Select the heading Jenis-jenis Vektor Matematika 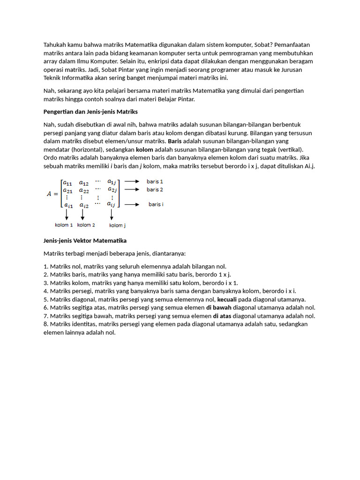tap(85, 240)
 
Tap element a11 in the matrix tap(68, 183)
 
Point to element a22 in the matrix tap(84, 190)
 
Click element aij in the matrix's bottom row tap(111, 204)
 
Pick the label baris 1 tap(155, 181)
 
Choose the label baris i tap(156, 204)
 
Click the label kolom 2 tap(86, 225)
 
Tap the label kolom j tap(117, 225)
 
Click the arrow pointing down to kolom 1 tap(67, 215)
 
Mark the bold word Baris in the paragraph tap(174, 141)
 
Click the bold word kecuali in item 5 tap(228, 299)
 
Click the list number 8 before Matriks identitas tap(45, 324)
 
